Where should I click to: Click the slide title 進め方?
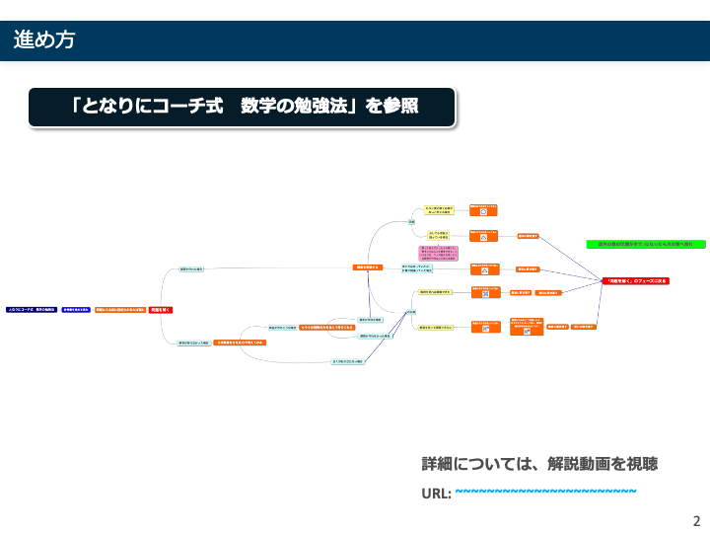pyautogui.click(x=43, y=40)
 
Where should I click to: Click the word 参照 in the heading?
pyautogui.click(x=395, y=106)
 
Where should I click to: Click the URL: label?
pyautogui.click(x=436, y=493)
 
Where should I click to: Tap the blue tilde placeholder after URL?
pyautogui.click(x=545, y=492)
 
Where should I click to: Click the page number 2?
pyautogui.click(x=696, y=521)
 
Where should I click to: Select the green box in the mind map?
pyautogui.click(x=632, y=243)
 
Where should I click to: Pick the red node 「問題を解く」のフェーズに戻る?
pyautogui.click(x=636, y=281)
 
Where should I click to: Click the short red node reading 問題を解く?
pyautogui.click(x=162, y=310)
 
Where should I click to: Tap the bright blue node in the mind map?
pyautogui.click(x=76, y=310)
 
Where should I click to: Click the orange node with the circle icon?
pyautogui.click(x=484, y=210)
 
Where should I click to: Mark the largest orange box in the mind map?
pyautogui.click(x=528, y=327)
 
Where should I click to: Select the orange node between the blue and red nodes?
pyautogui.click(x=120, y=310)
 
